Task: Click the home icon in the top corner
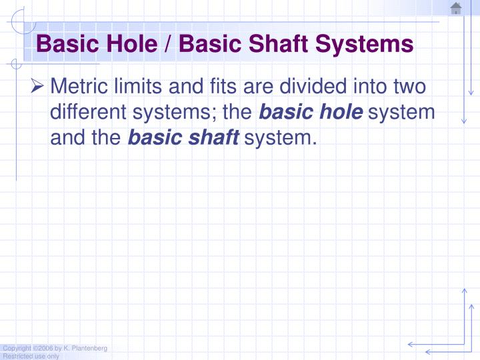(x=456, y=9)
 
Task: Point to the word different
(x=91, y=113)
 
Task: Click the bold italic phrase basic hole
(x=311, y=113)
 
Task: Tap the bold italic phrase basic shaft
(x=183, y=139)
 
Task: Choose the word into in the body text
(x=368, y=87)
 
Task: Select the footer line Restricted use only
(x=31, y=357)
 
